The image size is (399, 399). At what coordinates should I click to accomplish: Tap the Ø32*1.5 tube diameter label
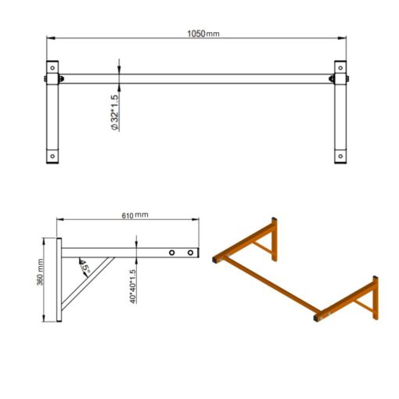pyautogui.click(x=115, y=111)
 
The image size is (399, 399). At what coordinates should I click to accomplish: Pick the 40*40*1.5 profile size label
pyautogui.click(x=134, y=286)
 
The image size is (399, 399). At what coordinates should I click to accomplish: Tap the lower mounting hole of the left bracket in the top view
pyautogui.click(x=52, y=155)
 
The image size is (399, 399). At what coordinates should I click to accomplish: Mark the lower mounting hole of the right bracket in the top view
pyautogui.click(x=341, y=155)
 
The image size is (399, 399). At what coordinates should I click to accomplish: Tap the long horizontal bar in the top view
pyautogui.click(x=196, y=78)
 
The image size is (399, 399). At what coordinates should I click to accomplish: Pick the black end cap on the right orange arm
pyautogui.click(x=318, y=318)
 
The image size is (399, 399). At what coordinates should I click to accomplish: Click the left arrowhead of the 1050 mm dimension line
pyautogui.click(x=49, y=38)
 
